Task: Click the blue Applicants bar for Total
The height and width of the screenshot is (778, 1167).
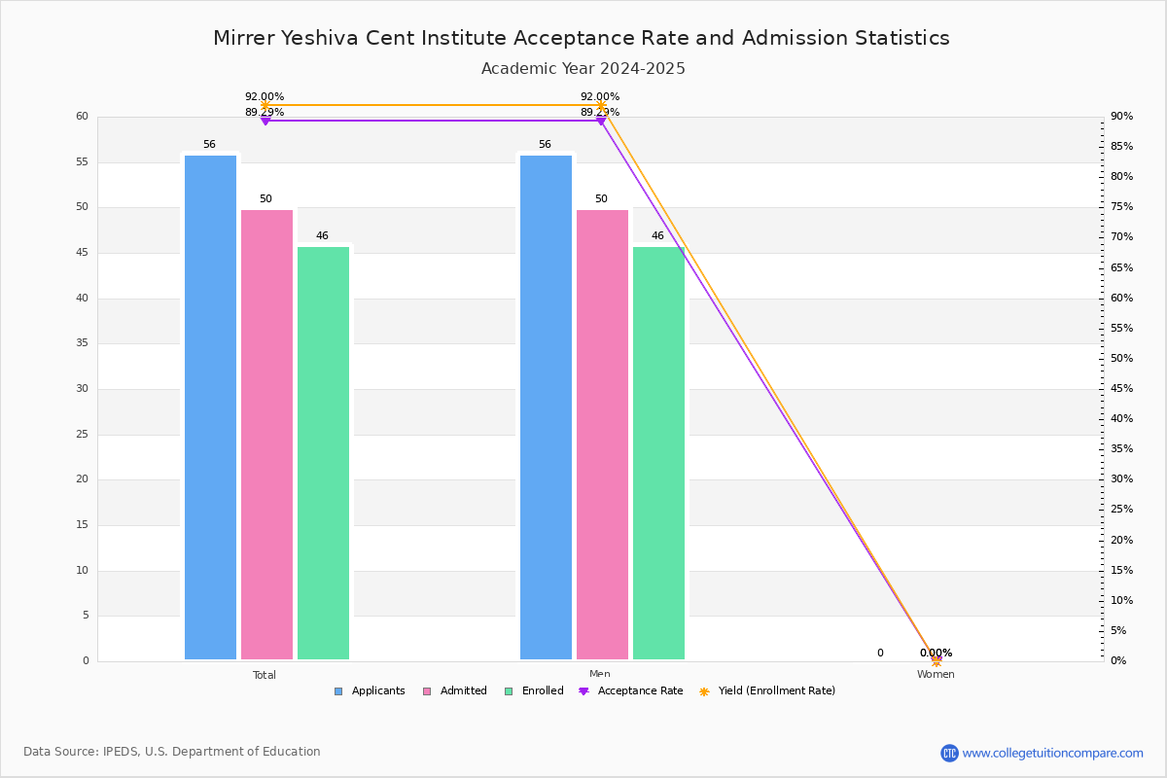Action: pos(210,407)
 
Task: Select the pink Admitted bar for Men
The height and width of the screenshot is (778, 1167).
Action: pos(602,435)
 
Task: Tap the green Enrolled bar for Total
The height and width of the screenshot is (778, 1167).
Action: pos(323,453)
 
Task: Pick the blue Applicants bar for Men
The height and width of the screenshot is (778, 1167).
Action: pos(546,407)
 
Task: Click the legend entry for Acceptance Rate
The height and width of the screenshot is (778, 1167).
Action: pos(631,691)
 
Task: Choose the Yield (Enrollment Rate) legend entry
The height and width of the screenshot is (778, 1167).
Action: pos(767,691)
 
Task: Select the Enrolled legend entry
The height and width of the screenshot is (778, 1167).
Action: pos(535,691)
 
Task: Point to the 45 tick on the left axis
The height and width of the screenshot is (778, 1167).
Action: pos(83,253)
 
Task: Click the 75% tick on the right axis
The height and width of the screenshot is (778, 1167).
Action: pos(1121,207)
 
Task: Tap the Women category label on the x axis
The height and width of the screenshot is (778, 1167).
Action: pos(936,674)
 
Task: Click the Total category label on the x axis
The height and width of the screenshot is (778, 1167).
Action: pos(265,675)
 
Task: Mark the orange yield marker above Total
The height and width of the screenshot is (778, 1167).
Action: pos(265,105)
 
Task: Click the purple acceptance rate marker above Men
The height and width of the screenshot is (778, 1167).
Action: pos(601,121)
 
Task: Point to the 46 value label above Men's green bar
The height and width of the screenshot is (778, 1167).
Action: pos(657,235)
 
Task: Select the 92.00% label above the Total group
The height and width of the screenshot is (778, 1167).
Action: pos(265,96)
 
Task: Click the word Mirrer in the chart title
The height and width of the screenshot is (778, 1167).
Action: pos(244,38)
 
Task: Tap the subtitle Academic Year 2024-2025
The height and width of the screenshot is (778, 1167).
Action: pos(583,69)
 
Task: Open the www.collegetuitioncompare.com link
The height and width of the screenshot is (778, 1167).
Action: pos(1052,753)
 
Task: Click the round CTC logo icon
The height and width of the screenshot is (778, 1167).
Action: pos(949,753)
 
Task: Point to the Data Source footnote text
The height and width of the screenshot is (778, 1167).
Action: pos(172,752)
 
